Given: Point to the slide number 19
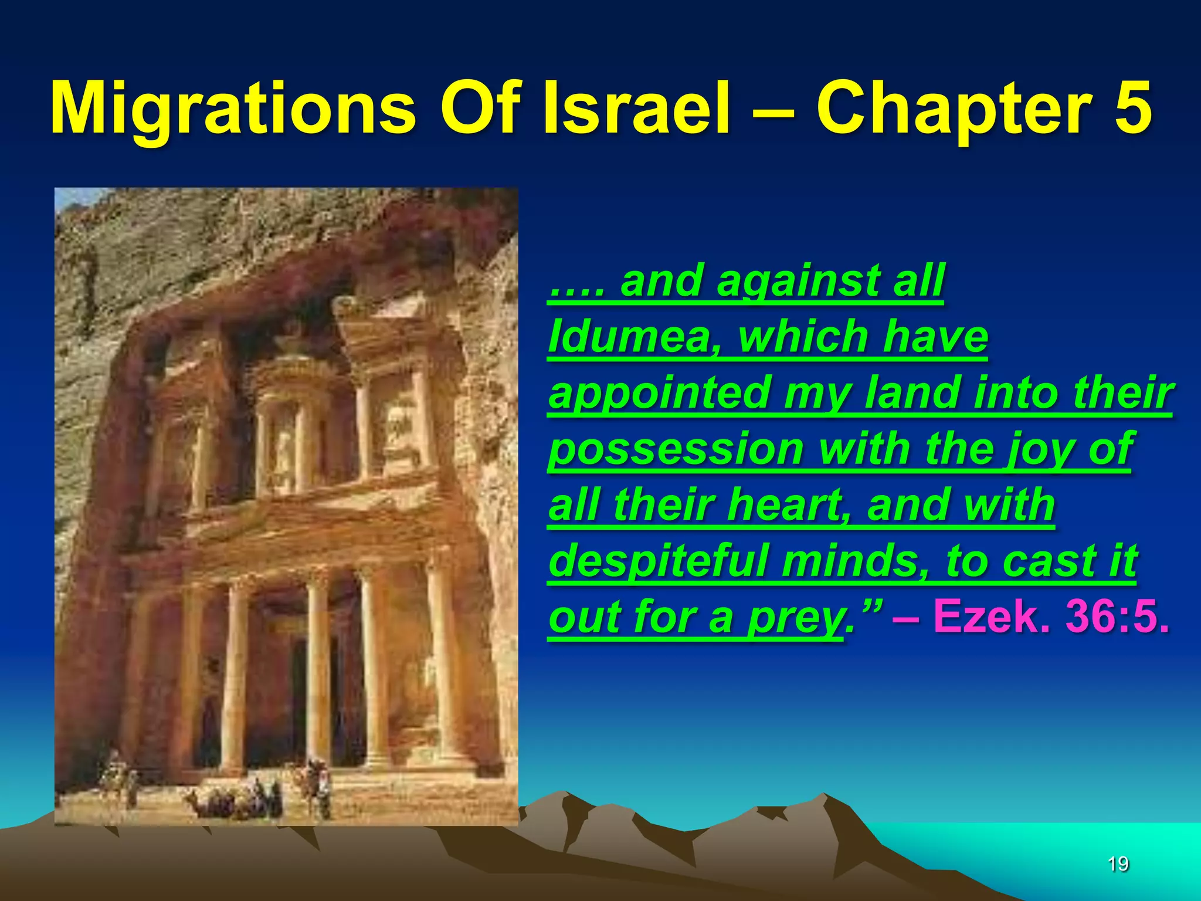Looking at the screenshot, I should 1118,863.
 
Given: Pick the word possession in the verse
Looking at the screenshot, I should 676,450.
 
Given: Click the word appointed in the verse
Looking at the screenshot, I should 658,394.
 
